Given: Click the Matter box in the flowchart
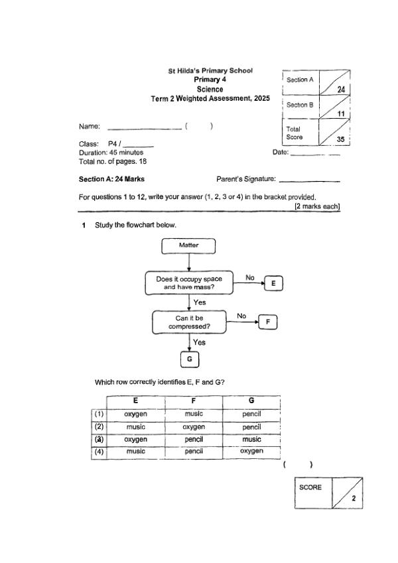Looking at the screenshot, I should (188, 245).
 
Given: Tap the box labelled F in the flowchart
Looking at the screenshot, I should (268, 322).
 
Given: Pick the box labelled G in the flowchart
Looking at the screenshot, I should (190, 359).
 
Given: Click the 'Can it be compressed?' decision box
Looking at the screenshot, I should (189, 322).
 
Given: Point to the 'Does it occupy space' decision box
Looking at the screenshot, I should (189, 284).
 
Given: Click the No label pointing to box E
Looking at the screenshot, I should (250, 277).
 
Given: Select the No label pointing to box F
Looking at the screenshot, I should (241, 316).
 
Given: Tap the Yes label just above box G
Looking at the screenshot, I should (199, 342).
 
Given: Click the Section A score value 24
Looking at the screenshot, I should (341, 89).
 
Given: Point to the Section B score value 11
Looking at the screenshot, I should (342, 114).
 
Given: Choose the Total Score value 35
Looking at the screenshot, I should (340, 139).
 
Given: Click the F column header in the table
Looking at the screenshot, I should (194, 401).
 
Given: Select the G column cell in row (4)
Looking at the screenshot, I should (251, 452).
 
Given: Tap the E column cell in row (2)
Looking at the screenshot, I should (135, 427).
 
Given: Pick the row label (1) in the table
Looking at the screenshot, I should (99, 414).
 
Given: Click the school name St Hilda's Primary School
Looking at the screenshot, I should (210, 70).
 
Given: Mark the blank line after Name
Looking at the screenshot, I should (143, 127).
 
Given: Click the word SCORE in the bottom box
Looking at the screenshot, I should (310, 487).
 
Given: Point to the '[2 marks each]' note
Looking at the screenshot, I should (317, 206).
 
